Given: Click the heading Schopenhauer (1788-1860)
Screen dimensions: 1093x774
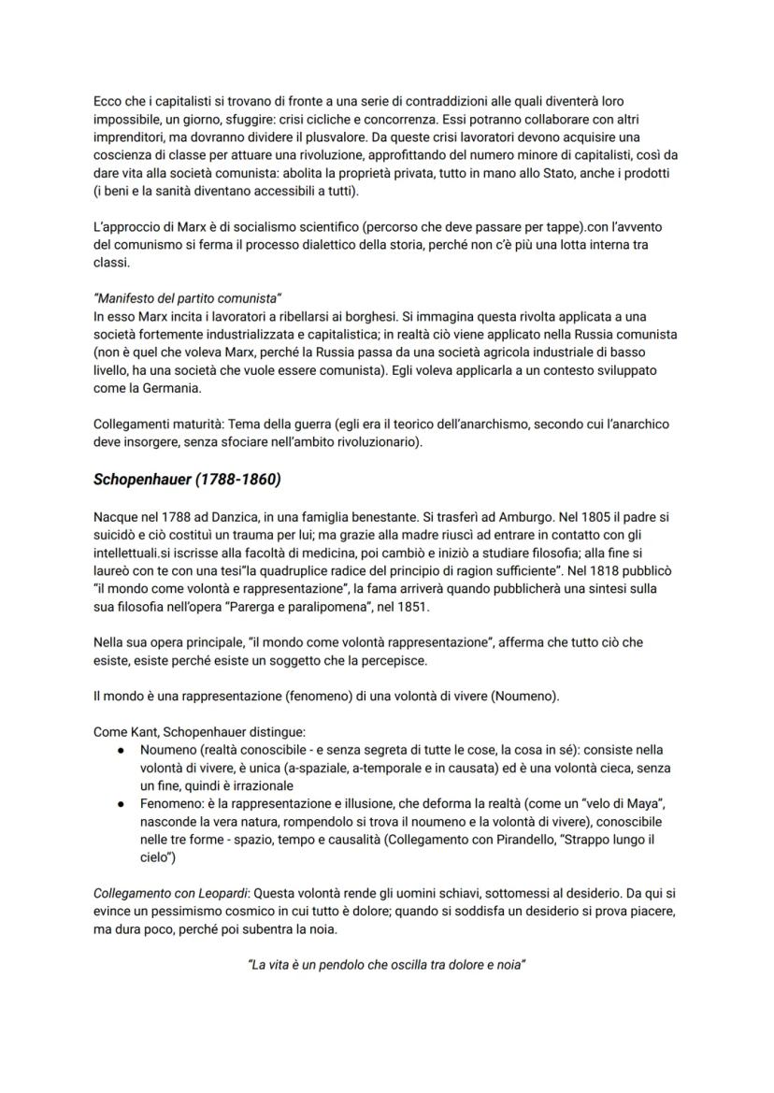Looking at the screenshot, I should (x=187, y=480).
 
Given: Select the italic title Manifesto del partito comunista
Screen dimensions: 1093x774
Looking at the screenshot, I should (x=187, y=298).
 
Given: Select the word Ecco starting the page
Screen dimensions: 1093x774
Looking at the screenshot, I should (x=109, y=101).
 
